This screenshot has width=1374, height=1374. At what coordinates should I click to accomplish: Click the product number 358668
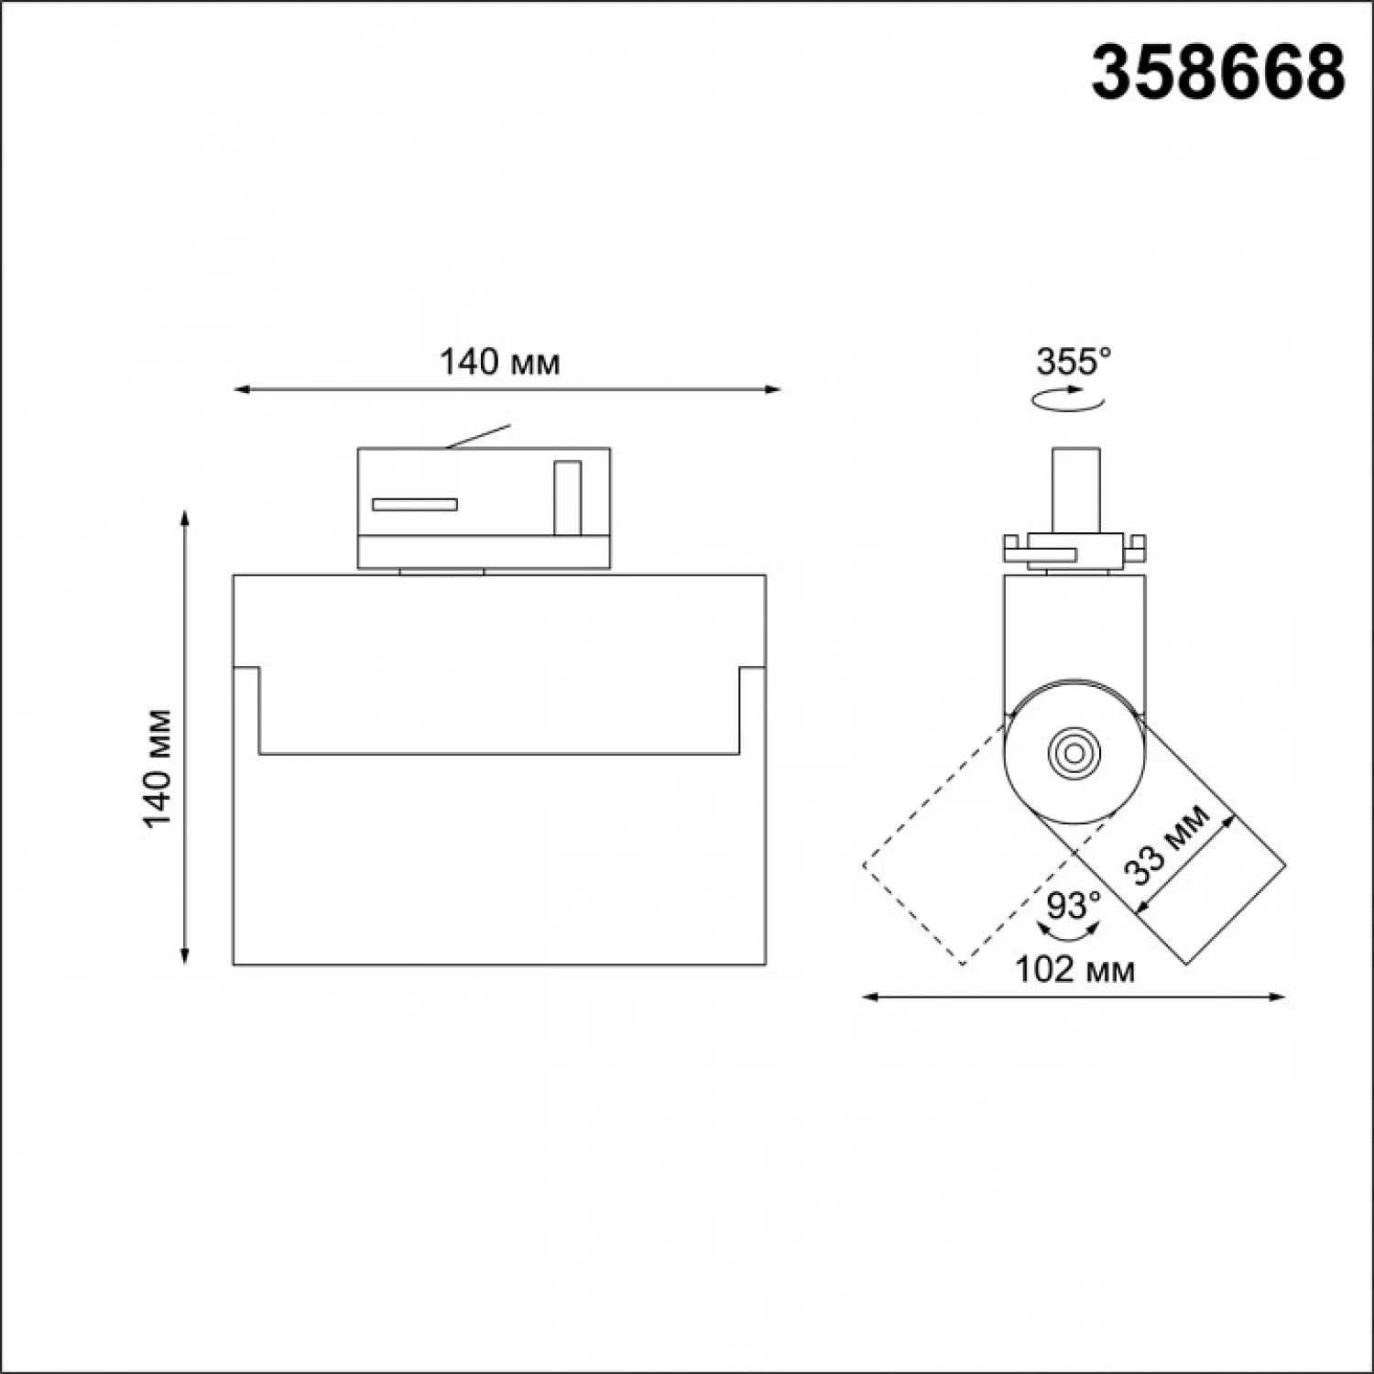pyautogui.click(x=1218, y=72)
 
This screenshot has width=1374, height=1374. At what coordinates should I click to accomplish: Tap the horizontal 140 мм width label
pyautogui.click(x=499, y=363)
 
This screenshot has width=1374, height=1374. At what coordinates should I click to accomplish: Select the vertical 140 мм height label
pyautogui.click(x=157, y=768)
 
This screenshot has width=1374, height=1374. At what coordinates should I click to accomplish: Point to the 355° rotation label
pyautogui.click(x=1073, y=362)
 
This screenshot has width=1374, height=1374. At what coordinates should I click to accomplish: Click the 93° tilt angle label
pyautogui.click(x=1073, y=906)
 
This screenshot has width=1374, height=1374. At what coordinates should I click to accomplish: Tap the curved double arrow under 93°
pyautogui.click(x=1073, y=932)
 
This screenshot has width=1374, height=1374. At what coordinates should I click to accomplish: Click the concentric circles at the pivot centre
pyautogui.click(x=1071, y=754)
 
